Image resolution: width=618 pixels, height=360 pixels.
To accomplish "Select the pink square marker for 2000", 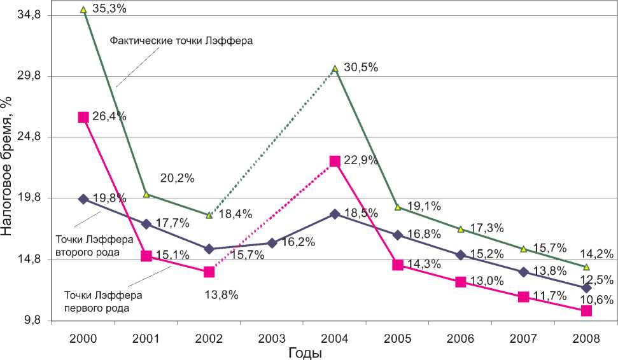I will tap(83, 117).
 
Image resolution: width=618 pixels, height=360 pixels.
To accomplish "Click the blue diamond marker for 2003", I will tap(272, 243).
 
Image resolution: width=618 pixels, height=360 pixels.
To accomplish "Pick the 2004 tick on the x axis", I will tap(334, 338).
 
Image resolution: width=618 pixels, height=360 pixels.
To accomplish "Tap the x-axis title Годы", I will tap(305, 353).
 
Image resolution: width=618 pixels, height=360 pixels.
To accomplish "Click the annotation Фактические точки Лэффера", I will tap(182, 41).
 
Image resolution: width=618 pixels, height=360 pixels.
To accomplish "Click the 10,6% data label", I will tap(597, 300).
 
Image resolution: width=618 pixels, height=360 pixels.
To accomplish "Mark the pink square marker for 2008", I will tap(586, 311).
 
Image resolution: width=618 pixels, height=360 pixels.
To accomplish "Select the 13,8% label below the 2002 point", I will tap(221, 294).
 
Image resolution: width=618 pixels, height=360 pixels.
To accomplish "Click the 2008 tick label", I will tap(586, 338).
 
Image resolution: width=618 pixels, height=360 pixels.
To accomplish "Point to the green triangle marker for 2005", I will tap(397, 207).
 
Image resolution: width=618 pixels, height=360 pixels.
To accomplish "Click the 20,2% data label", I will tap(176, 179).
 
